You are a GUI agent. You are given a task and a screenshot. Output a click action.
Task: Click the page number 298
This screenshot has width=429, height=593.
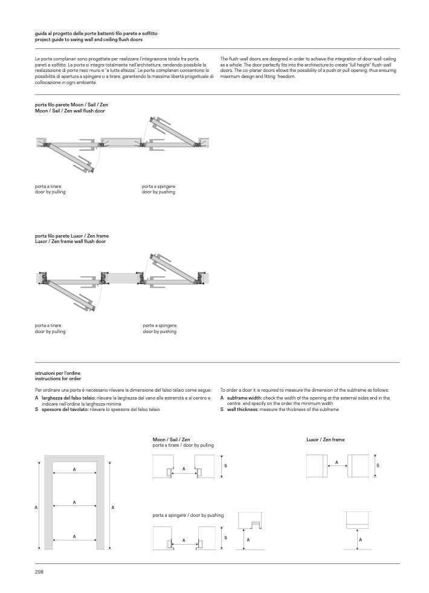39,571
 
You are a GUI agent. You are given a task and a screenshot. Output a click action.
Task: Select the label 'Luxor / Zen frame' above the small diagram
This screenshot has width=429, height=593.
325,439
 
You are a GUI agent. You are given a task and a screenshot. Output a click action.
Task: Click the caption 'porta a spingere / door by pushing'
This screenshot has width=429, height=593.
188,515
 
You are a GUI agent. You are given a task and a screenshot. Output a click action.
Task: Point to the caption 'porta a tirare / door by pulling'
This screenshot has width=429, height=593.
183,445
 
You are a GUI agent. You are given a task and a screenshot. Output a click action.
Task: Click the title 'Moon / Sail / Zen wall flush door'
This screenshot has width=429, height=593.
70,111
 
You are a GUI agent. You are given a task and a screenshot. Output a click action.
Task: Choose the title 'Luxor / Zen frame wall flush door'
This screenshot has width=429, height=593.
70,241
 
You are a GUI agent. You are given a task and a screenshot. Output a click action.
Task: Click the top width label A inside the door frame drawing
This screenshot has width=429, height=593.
74,469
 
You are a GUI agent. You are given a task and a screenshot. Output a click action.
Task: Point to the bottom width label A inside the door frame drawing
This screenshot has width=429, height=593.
74,536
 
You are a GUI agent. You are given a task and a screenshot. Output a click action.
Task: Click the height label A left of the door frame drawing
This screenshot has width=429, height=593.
36,507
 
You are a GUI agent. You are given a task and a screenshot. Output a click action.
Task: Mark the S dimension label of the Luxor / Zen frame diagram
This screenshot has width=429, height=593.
378,465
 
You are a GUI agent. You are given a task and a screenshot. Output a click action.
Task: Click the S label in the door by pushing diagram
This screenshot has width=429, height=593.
225,537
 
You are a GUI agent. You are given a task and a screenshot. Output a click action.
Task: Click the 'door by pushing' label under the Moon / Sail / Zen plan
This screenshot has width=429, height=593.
158,192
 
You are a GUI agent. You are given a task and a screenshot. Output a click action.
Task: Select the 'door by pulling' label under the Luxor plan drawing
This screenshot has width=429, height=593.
50,331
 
